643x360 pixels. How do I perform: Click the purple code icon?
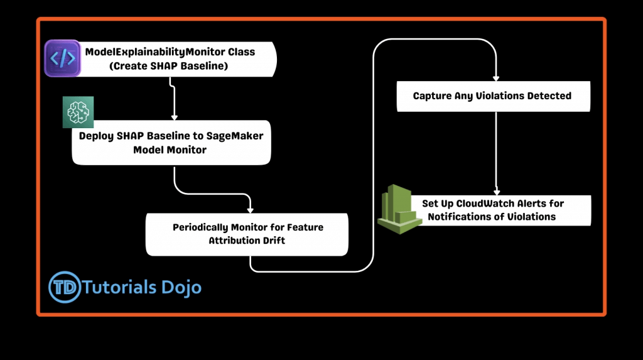pos(62,58)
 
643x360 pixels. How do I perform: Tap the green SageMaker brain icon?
pos(78,112)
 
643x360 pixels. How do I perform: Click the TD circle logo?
pos(65,287)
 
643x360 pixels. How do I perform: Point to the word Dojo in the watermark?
pos(181,288)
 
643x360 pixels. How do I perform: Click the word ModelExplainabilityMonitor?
pos(155,52)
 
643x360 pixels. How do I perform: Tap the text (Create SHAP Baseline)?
pos(168,66)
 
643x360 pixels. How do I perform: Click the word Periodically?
pos(200,227)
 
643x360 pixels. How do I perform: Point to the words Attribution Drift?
pos(247,241)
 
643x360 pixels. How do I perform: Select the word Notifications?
pos(458,217)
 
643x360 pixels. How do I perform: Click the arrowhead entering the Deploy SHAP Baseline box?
pos(175,117)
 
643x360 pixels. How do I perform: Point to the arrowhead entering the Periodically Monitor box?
pos(250,210)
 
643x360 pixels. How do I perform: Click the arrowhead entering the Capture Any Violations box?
pos(496,79)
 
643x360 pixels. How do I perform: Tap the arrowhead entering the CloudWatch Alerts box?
pos(497,192)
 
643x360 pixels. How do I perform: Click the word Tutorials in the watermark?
pos(119,287)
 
